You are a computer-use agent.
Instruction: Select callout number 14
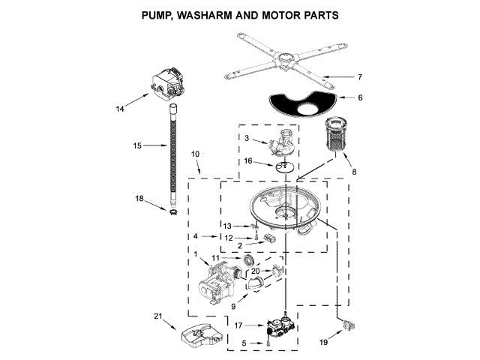[x=120, y=109]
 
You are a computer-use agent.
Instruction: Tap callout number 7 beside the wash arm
[x=360, y=77]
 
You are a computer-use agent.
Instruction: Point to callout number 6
[x=360, y=97]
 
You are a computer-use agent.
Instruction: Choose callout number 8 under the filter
[x=355, y=171]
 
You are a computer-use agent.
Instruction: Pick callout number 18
[x=139, y=199]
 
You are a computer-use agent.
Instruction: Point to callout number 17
[x=238, y=325]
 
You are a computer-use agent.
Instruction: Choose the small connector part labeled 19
[x=347, y=325]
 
